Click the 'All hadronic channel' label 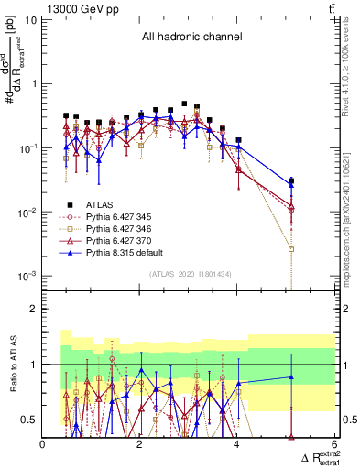191,38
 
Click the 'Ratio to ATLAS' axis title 12,365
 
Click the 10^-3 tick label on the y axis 27,276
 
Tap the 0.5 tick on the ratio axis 30,420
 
